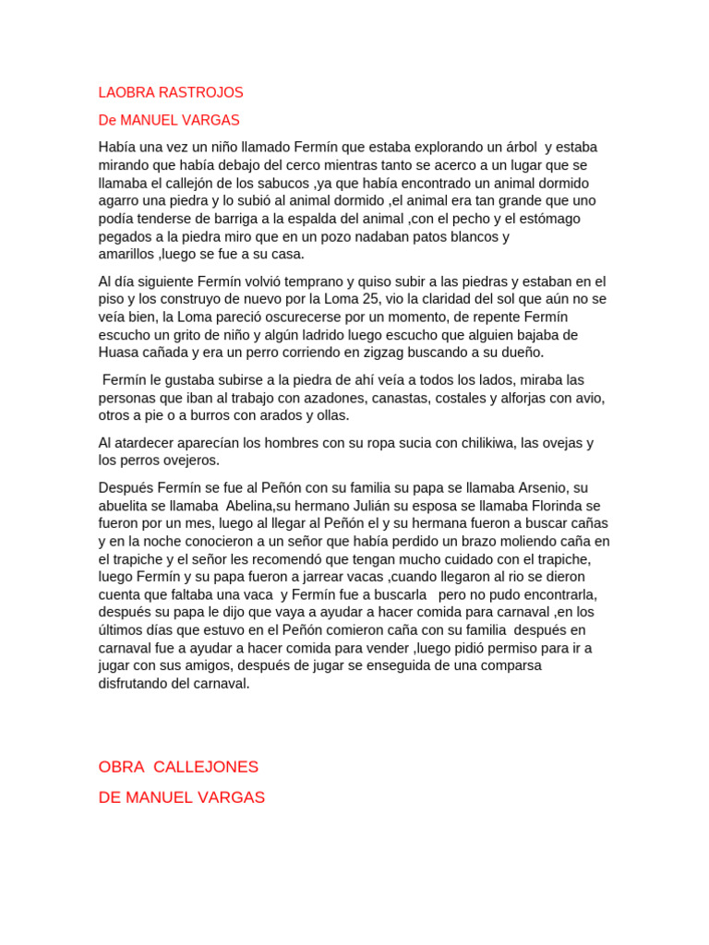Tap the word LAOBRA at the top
pos(126,92)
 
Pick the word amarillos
pos(126,254)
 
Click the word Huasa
pos(118,352)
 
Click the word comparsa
pos(507,665)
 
